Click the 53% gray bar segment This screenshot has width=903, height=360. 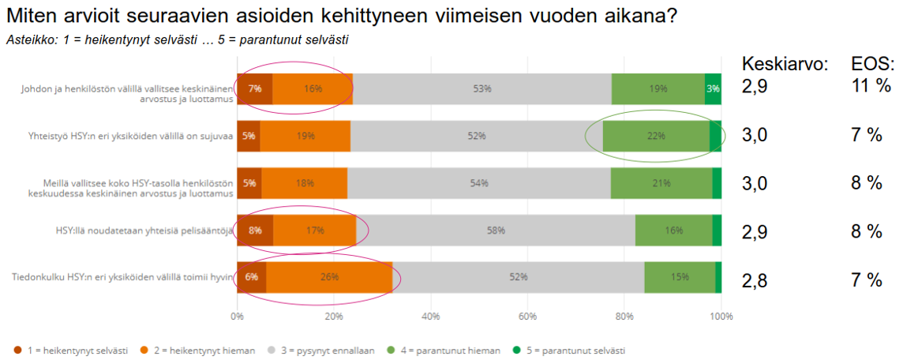pos(482,89)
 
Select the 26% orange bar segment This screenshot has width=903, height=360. pos(329,277)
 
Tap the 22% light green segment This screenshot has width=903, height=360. pos(655,136)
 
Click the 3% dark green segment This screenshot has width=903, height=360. pos(714,89)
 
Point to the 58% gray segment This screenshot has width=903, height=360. pos(496,231)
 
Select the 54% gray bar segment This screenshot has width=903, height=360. pos(479,183)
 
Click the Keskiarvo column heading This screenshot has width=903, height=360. pos(785,64)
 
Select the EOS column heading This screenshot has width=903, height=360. pos(872,64)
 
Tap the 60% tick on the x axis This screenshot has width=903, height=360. pos(526,317)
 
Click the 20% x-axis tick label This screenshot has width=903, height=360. pos(333,317)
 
